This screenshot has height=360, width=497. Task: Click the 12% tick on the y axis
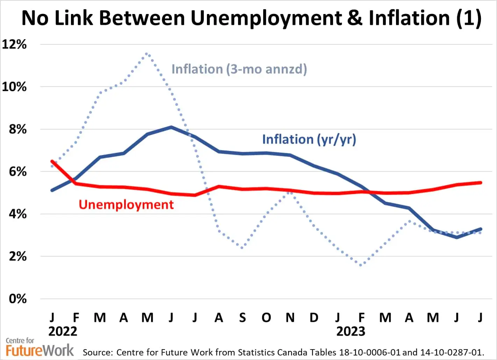(x=14, y=44)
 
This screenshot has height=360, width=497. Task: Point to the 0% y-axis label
(x=17, y=299)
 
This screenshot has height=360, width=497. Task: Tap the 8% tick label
(x=17, y=129)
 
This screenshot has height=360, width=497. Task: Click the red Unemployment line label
(x=126, y=204)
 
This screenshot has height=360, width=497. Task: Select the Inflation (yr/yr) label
(x=309, y=139)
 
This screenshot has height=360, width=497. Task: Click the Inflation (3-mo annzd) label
(x=239, y=69)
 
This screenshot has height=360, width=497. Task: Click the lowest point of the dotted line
(x=361, y=265)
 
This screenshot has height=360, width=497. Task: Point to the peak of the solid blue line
(x=171, y=127)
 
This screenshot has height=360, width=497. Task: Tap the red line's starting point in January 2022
(x=52, y=161)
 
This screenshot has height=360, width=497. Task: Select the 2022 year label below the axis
(x=63, y=331)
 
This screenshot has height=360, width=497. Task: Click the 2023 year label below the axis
(x=351, y=331)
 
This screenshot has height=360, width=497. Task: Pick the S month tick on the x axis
(x=242, y=317)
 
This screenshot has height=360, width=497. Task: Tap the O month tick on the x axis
(x=266, y=317)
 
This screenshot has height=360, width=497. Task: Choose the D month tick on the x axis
(x=314, y=317)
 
